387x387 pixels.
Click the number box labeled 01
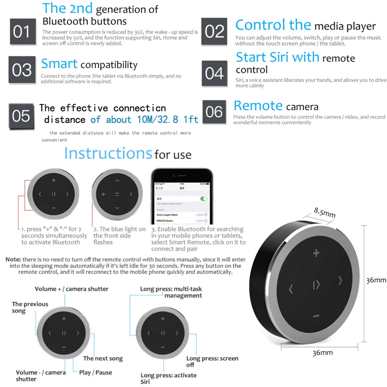[22, 32]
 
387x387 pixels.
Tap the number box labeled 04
[214, 73]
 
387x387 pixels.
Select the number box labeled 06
[214, 112]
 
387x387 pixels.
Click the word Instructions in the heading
[108, 153]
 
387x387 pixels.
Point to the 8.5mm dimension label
[324, 213]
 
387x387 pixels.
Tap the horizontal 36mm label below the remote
[322, 353]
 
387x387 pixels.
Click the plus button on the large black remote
[316, 253]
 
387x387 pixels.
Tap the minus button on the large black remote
[316, 316]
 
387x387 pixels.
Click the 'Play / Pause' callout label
[96, 372]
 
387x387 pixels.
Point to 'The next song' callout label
[103, 358]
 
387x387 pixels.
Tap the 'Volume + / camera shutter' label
[72, 289]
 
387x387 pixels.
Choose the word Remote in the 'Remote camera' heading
[258, 106]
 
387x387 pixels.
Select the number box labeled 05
[21, 115]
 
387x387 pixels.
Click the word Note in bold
[14, 259]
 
